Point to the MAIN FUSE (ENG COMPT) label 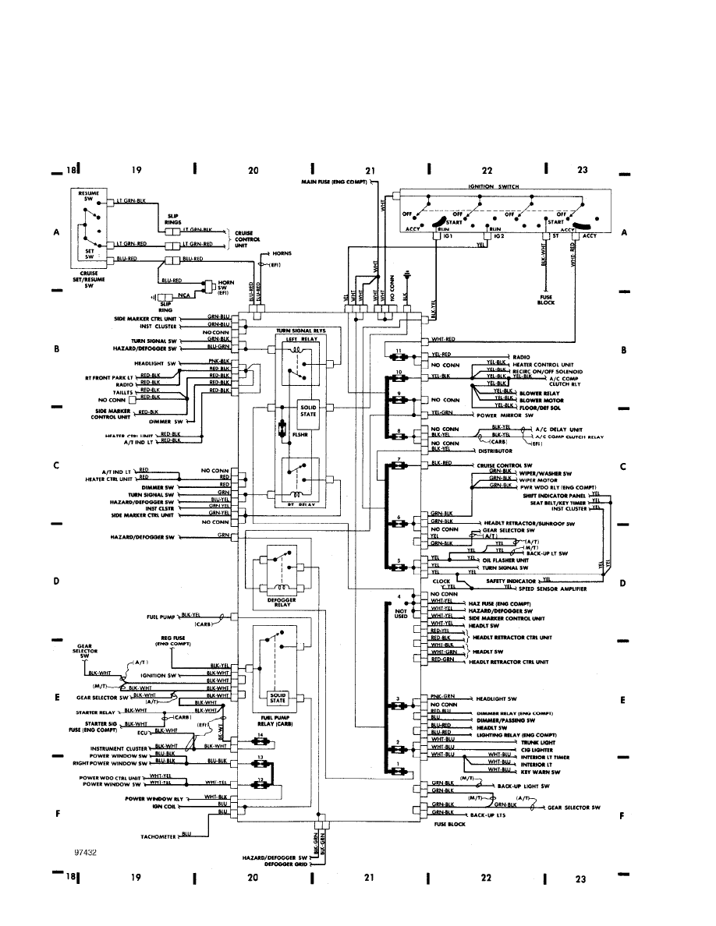335,182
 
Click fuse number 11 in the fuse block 398,352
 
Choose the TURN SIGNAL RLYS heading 300,330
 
